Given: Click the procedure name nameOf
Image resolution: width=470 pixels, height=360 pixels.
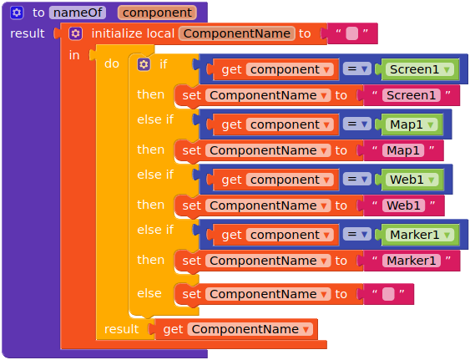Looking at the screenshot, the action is click(x=78, y=13).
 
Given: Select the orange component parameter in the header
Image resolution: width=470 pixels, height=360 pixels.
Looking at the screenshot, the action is click(x=157, y=13).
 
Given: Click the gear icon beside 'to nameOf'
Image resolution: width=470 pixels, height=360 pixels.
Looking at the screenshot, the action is click(x=17, y=13).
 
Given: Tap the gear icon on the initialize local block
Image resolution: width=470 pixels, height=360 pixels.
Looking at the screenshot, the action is click(x=75, y=33).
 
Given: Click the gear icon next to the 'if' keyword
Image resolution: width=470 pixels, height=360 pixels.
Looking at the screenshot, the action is click(x=144, y=64).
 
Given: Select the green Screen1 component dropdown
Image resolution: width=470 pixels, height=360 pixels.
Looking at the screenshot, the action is click(x=420, y=69).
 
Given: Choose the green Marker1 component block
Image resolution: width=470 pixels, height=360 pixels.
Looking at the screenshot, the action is click(x=420, y=235).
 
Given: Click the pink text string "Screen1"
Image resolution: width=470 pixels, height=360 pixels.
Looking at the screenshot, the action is click(x=412, y=95).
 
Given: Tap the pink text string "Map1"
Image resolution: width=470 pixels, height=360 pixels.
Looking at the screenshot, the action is click(x=403, y=150).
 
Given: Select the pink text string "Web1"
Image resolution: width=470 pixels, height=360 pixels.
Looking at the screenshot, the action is click(x=404, y=205).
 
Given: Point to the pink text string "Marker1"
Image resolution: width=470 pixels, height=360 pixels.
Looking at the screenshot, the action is click(x=412, y=261).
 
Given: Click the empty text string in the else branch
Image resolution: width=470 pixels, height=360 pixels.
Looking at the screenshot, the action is click(x=388, y=294).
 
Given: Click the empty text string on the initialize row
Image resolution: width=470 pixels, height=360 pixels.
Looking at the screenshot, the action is click(x=352, y=33).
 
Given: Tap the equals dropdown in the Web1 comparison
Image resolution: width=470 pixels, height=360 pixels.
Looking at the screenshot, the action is click(x=357, y=180).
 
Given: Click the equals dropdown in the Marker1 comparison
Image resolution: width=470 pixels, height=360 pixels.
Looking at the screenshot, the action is click(x=357, y=235).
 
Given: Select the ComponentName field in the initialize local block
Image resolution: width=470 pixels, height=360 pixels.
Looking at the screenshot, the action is click(x=237, y=33).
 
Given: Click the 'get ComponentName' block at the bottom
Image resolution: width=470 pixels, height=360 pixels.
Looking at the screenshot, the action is click(x=236, y=329).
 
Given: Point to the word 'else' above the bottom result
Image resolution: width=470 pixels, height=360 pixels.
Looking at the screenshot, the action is click(x=149, y=293).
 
